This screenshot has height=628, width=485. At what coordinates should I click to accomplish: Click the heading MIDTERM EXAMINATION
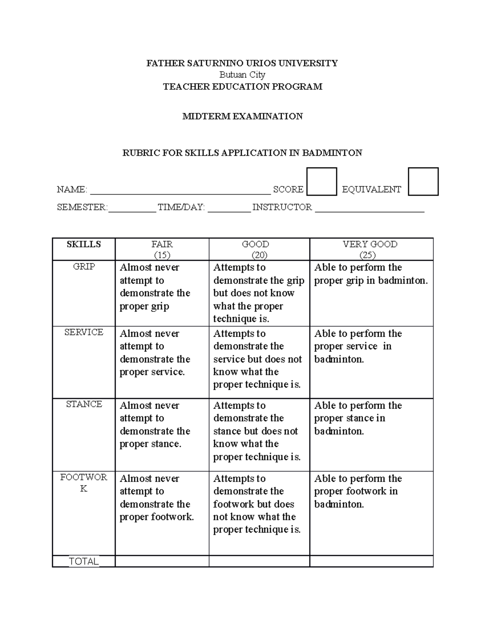[242, 116]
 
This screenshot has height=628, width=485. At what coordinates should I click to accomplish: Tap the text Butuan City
[242, 75]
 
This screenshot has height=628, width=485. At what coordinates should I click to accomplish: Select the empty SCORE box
[321, 182]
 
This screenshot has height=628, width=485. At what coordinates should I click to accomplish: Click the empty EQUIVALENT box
[423, 182]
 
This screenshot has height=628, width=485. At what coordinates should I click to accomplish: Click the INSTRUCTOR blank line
[369, 208]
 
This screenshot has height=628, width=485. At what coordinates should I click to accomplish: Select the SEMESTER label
[82, 207]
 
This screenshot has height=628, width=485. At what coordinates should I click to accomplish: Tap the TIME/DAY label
[181, 207]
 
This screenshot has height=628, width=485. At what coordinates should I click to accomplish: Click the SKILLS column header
[84, 244]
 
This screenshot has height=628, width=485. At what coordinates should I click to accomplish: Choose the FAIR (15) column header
[162, 249]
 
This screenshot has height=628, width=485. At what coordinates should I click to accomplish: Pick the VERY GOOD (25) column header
[370, 249]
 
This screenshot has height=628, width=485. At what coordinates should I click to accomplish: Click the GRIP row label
[84, 267]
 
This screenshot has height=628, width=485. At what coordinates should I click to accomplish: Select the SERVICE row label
[84, 332]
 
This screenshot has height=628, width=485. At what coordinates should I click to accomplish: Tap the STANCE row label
[84, 404]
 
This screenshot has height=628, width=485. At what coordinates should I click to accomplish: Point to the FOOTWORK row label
[84, 482]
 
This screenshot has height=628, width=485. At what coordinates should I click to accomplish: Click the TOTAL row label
[84, 561]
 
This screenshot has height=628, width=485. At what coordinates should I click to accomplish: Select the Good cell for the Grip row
[259, 293]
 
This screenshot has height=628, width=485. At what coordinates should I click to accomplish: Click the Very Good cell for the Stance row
[371, 434]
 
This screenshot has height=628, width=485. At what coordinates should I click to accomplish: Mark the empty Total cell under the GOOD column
[259, 561]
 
